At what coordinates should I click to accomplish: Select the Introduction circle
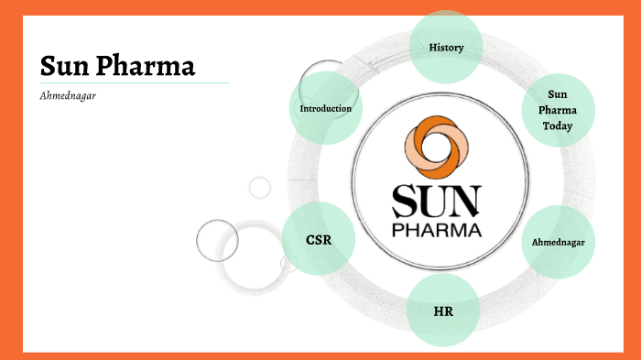pos(325,109)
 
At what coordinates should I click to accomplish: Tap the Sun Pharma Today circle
pos(558,110)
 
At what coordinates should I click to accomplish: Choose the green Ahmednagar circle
pos(558,242)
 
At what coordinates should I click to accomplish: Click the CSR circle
pos(318,240)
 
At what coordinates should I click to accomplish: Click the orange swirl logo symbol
pos(435,149)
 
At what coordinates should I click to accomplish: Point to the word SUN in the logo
pos(437,202)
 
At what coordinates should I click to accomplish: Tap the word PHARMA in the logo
pos(437,229)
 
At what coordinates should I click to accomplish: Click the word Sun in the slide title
pos(64,66)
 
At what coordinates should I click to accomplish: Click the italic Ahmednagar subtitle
pos(67,95)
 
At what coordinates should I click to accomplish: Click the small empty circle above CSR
pos(260,188)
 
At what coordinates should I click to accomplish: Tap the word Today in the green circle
pos(558,126)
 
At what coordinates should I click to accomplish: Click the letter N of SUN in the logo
pos(469,202)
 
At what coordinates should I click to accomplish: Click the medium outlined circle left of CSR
pos(217,241)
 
